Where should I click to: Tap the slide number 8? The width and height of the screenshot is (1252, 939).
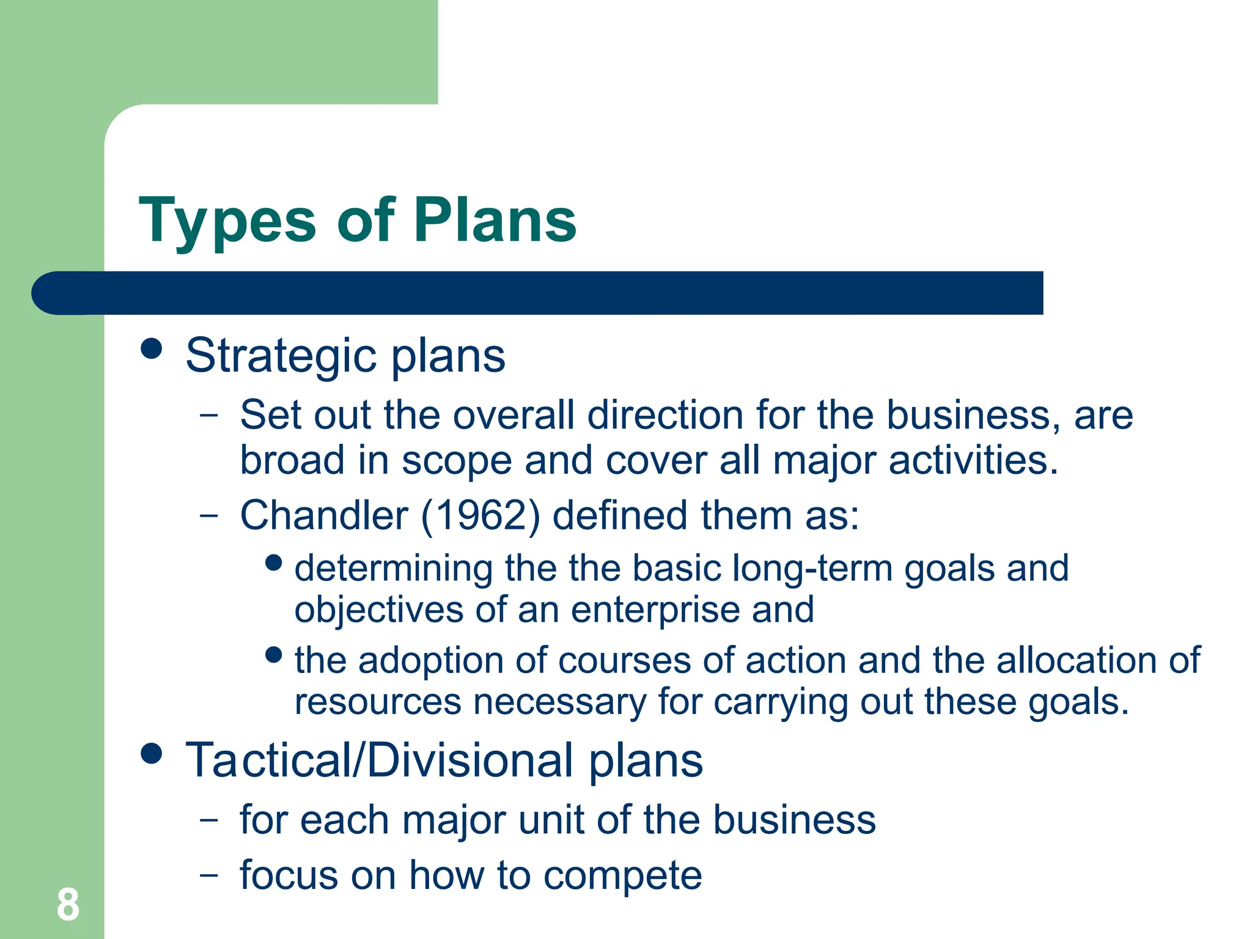[x=68, y=905]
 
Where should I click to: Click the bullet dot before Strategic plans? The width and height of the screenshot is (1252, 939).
[x=151, y=348]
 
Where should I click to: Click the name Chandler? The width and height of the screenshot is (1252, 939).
[x=323, y=515]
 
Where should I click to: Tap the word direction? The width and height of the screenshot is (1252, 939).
[x=665, y=416]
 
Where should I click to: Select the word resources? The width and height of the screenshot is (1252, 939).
[x=377, y=702]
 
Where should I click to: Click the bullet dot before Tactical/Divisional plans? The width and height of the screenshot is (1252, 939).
[x=151, y=753]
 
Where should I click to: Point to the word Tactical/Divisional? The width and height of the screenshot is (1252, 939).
[x=380, y=761]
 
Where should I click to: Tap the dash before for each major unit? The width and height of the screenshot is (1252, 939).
[x=209, y=820]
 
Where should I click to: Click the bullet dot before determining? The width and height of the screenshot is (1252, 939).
[x=274, y=562]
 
